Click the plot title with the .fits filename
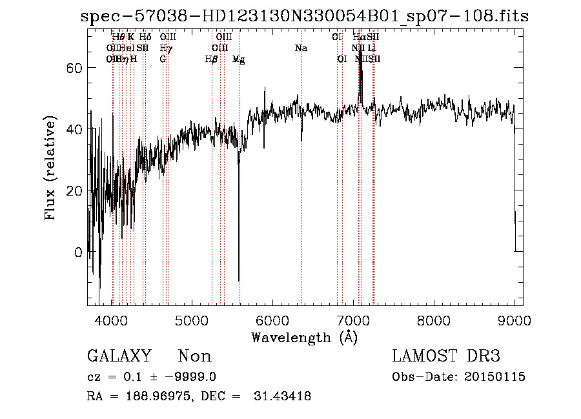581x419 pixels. click(305, 17)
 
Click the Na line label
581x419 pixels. click(301, 48)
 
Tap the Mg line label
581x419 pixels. click(238, 59)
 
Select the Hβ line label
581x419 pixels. click(210, 59)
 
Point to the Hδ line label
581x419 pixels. click(145, 37)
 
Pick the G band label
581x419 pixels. click(163, 59)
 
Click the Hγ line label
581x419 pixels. click(166, 48)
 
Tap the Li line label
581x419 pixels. click(372, 48)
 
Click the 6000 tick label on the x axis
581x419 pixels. click(272, 319)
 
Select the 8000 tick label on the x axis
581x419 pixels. click(433, 319)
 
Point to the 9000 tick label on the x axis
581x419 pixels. click(514, 319)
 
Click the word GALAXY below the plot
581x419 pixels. click(119, 356)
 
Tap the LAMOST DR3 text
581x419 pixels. click(446, 356)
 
